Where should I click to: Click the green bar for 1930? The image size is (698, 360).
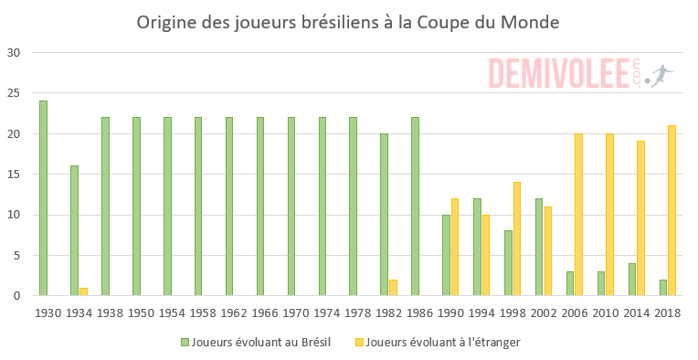pos(43,198)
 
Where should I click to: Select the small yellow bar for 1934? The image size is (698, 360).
pos(83,291)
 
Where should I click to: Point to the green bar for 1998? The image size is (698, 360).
pos(508,263)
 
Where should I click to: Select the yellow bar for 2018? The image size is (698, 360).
pos(672,211)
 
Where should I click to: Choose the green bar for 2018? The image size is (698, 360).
pos(662,288)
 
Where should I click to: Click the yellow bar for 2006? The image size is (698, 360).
pos(578,215)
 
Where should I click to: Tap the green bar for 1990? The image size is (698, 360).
pos(446,255)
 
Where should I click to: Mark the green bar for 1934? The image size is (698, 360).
pos(74,231)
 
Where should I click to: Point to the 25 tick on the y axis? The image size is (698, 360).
pos(14,93)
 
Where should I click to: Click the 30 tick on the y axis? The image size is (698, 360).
pos(14,53)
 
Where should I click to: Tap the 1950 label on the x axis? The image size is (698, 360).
pos(140,312)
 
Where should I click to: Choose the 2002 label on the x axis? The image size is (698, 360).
pos(543,312)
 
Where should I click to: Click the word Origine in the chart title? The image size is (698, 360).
pos(164,21)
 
